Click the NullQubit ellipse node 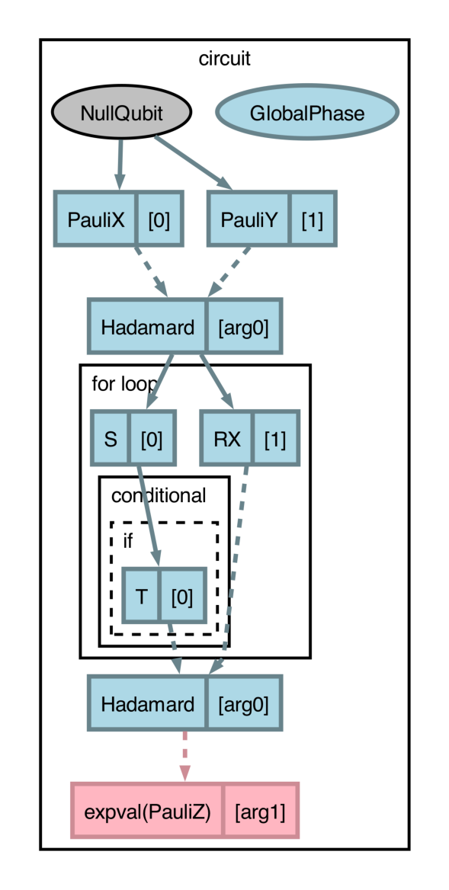pos(121,114)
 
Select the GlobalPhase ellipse pos(306,114)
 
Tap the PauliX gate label pos(95,219)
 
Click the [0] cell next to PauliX pos(159,219)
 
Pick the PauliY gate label pos(249,219)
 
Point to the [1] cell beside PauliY pos(312,219)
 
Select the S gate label pos(111,439)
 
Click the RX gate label pos(227,439)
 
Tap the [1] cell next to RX pos(274,439)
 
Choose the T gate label pos(141,596)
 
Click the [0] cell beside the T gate pos(181,596)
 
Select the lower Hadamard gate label pos(147,703)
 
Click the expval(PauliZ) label pos(147,811)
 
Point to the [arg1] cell pos(259,811)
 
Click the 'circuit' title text pos(224,59)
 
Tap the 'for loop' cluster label pos(124,383)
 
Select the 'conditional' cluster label pos(159,495)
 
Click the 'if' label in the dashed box pos(128,540)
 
